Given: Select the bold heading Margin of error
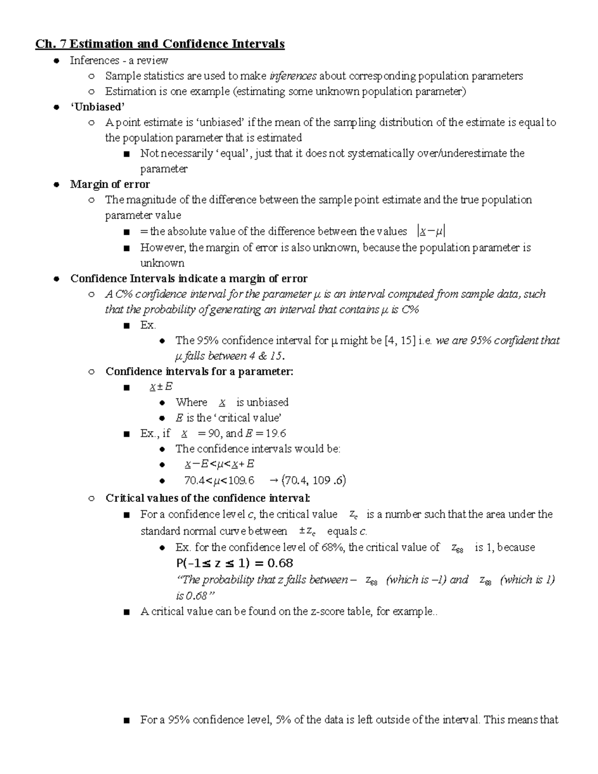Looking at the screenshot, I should coord(110,184).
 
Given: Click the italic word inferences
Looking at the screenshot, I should coord(293,76).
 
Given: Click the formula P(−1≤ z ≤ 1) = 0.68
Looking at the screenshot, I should coord(234,564).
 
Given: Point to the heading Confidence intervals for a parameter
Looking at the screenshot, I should coord(199,371).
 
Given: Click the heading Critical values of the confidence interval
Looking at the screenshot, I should coord(208,498).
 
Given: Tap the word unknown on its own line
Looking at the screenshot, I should coord(162,263).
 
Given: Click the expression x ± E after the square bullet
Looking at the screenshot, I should coord(161,387).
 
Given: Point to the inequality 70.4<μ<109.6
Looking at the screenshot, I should coord(219,480).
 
